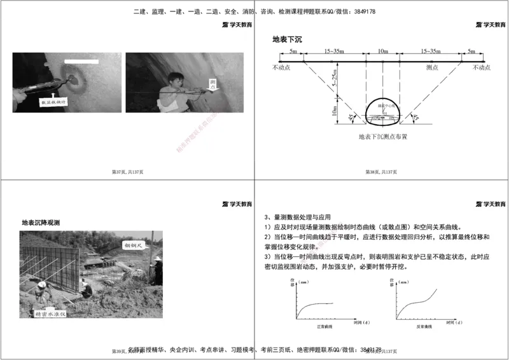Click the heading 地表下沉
coord(287,39)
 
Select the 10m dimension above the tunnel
coord(382,51)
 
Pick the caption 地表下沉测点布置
coord(382,136)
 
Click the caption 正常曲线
coord(324,326)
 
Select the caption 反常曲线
coord(425,326)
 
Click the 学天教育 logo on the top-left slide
coord(237,25)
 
